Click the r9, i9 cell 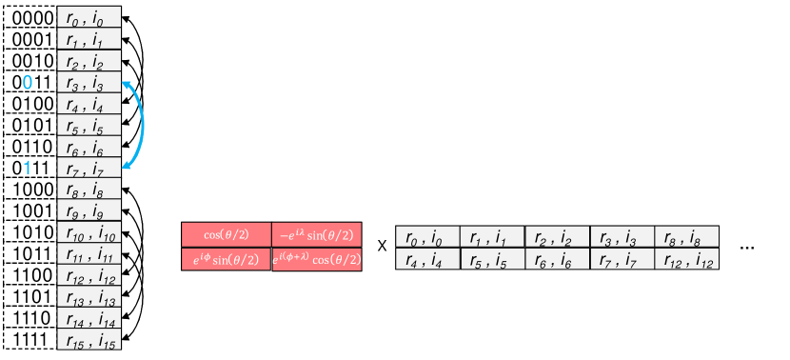(89, 211)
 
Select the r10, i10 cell (89, 233)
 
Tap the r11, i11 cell (89, 254)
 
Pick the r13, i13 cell (89, 297)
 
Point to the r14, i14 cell (89, 318)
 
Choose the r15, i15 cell (89, 340)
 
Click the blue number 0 (28, 83)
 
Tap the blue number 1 (28, 169)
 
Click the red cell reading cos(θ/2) (227, 235)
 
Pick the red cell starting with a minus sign (316, 235)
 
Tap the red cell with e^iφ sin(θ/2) (227, 259)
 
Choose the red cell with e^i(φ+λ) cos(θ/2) (316, 259)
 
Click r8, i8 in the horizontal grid (685, 237)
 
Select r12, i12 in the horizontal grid (685, 258)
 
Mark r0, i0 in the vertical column (89, 18)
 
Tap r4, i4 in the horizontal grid (427, 258)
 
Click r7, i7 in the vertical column (89, 169)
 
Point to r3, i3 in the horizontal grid (622, 237)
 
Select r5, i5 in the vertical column (89, 126)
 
